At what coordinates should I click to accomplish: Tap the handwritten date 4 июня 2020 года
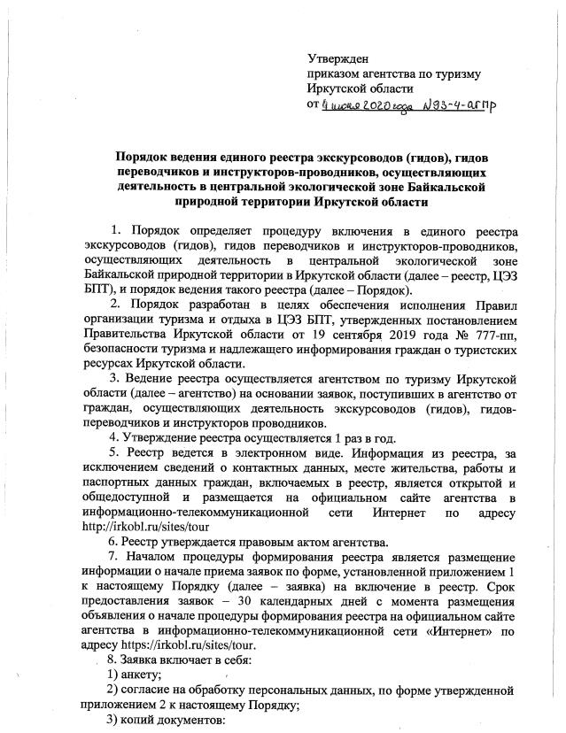358,104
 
